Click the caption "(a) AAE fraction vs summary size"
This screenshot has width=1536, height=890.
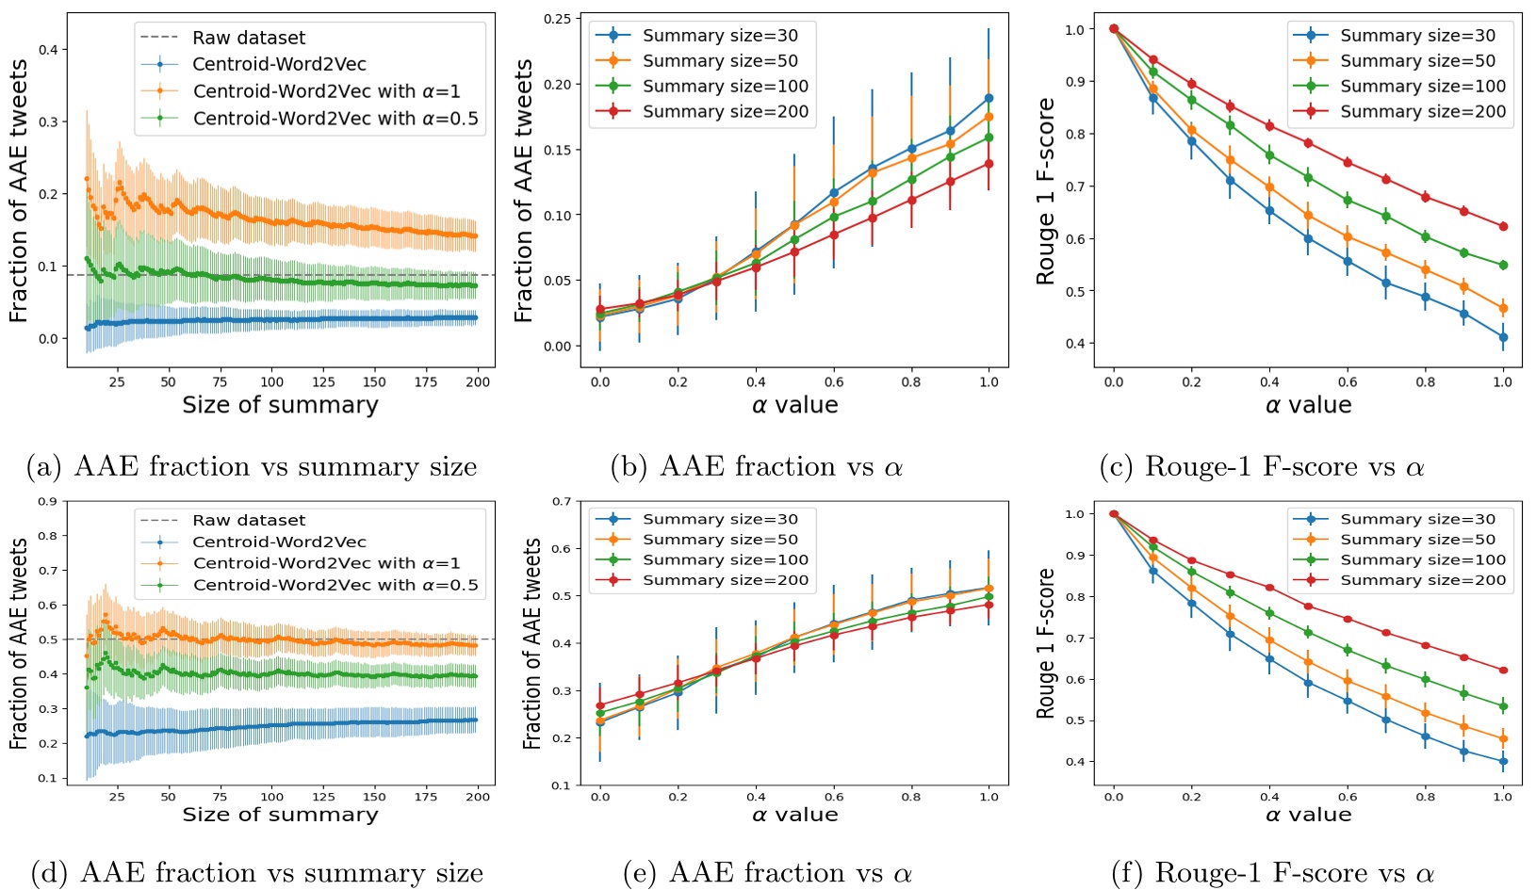pos(252,467)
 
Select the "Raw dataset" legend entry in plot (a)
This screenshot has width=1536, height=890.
pos(249,38)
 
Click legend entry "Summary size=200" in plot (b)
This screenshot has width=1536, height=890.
pos(725,112)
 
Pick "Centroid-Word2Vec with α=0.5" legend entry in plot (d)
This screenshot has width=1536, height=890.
pos(335,585)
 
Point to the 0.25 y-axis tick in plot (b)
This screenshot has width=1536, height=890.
pos(558,19)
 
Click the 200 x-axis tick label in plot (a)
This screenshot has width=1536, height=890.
pos(478,381)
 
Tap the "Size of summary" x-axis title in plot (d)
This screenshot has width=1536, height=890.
pos(280,815)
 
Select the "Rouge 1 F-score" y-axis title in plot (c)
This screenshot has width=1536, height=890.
pos(1046,191)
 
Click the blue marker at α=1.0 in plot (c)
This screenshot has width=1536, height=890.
pos(1503,337)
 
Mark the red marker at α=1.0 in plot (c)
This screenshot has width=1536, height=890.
pos(1503,227)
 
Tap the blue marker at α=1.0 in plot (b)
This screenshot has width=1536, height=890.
pos(989,98)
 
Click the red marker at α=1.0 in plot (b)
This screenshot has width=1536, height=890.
pos(989,164)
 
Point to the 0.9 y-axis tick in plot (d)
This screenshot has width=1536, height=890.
pos(48,502)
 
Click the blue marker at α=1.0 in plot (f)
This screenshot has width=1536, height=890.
pos(1503,761)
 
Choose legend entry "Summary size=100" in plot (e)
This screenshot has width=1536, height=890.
pos(725,560)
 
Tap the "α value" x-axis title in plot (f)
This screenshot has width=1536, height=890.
pos(1308,815)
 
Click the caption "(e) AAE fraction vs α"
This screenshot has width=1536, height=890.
pos(767,873)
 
